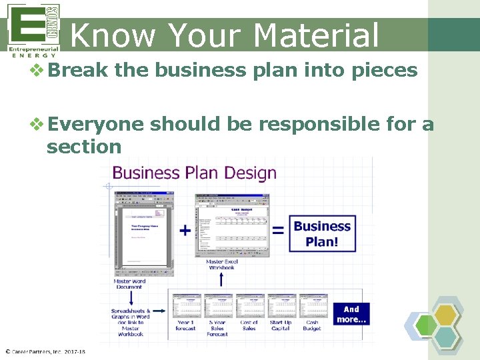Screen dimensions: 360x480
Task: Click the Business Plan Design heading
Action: click(194, 173)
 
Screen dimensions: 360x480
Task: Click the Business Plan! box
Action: click(322, 233)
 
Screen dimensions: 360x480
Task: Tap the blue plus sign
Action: click(185, 231)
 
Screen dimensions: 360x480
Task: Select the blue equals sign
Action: click(278, 231)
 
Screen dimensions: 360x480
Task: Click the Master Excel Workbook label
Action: click(221, 265)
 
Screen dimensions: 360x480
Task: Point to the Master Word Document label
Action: click(129, 284)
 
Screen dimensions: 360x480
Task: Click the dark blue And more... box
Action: click(351, 314)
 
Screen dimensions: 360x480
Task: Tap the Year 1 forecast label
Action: click(186, 325)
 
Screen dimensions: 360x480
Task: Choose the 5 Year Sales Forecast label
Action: click(217, 328)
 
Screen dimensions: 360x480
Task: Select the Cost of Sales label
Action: click(249, 325)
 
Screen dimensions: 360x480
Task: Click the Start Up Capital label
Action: click(281, 325)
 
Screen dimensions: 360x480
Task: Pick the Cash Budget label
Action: click(312, 325)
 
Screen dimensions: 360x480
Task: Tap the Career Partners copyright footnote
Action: click(45, 351)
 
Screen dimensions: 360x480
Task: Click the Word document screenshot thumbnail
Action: click(145, 233)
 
